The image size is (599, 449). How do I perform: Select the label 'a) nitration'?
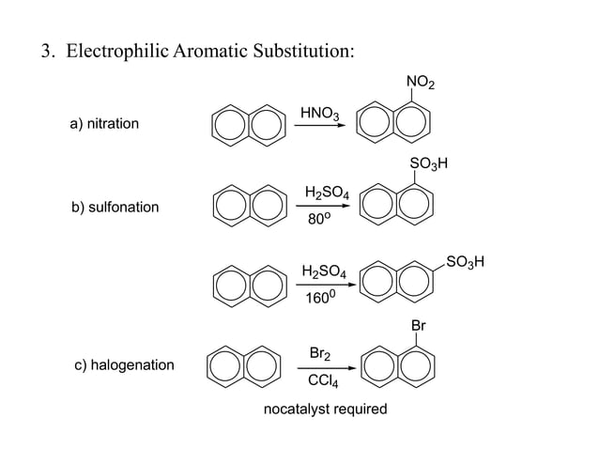[104, 124]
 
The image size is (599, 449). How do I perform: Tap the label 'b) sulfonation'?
[115, 207]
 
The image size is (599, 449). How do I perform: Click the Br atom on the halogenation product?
[419, 326]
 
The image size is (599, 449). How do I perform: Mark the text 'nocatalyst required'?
[325, 410]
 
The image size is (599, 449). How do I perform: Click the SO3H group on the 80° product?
[429, 165]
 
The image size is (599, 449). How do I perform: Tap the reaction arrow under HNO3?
[319, 128]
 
